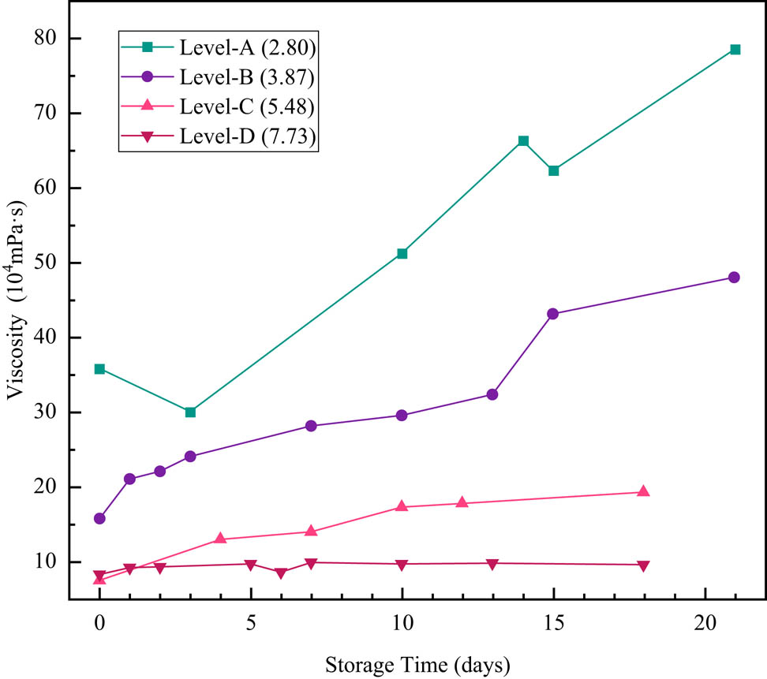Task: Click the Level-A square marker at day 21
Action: point(735,50)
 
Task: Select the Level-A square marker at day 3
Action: point(190,412)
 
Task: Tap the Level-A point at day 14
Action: point(523,141)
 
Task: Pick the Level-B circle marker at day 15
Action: point(552,314)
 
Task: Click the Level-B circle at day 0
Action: point(99,519)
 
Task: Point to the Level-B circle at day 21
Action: point(734,278)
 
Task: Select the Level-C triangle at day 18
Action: point(643,491)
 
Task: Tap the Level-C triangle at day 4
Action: point(220,539)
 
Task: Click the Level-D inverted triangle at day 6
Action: point(280,573)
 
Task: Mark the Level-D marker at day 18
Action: point(643,566)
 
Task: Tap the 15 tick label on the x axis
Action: point(553,621)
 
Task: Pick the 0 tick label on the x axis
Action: point(99,621)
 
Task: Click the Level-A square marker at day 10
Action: point(402,254)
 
